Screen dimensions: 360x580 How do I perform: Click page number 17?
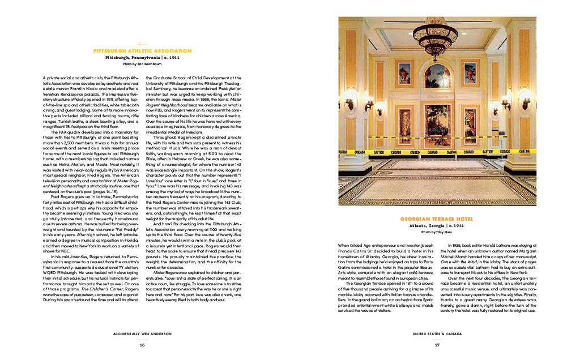point(437,344)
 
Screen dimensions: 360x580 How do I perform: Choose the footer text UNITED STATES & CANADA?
point(437,334)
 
